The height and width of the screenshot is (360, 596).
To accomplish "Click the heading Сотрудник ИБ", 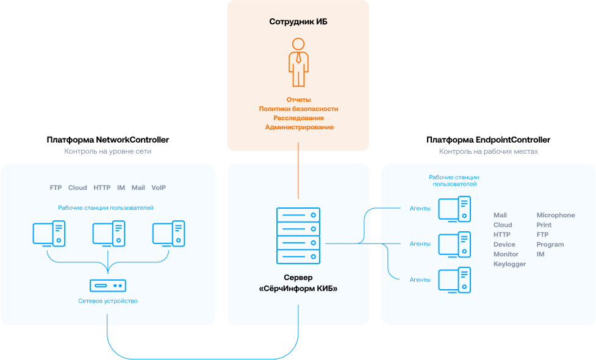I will [x=298, y=22].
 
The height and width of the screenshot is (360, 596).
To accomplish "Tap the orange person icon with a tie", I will [x=298, y=63].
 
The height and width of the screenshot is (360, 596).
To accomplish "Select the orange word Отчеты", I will [x=298, y=99].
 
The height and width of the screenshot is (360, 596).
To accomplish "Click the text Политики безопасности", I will [x=298, y=109].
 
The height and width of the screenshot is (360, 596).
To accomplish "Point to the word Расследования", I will [x=298, y=118].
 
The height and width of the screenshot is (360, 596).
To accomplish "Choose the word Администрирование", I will [x=299, y=127].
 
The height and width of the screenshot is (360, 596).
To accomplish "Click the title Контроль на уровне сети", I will [x=108, y=151].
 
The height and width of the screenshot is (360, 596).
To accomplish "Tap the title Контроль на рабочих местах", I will [x=488, y=151].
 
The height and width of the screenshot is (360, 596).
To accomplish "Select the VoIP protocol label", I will [x=159, y=188].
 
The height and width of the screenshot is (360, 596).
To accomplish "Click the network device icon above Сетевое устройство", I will [x=108, y=285].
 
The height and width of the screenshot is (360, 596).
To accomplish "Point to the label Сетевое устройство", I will [x=108, y=301].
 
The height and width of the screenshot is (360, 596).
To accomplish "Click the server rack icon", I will [x=298, y=235].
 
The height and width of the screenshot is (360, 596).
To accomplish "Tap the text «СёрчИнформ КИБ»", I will [x=298, y=288].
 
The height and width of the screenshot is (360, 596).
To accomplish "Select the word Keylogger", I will [x=509, y=264].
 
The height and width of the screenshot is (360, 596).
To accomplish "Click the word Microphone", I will [x=556, y=215].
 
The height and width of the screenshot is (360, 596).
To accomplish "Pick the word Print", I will [x=544, y=225].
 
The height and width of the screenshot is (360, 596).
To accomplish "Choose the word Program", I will [x=550, y=245].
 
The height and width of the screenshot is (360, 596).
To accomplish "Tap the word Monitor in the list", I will [x=506, y=254].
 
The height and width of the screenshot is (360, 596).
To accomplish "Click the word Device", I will [x=504, y=245].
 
